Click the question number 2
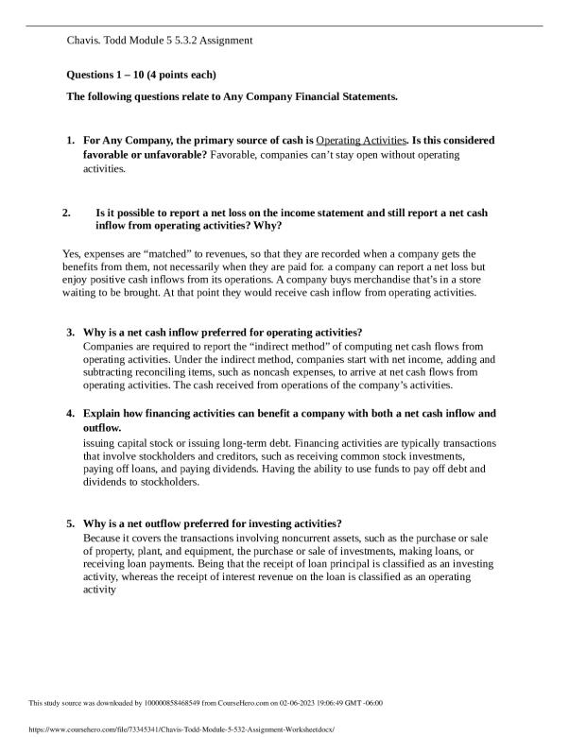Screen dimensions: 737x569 (x=66, y=214)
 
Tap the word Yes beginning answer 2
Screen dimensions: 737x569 (x=72, y=255)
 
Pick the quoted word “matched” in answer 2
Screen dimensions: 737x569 (x=165, y=255)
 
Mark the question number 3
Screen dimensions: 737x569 (x=71, y=334)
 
